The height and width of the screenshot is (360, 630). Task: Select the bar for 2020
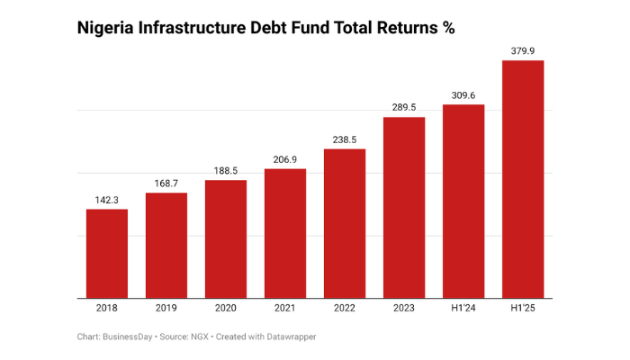pos(226,239)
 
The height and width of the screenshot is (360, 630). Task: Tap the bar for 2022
pos(345,223)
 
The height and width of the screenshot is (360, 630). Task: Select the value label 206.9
pos(285,159)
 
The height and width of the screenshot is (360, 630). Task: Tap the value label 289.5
pos(404,107)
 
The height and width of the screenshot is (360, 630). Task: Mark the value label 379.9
pos(523,51)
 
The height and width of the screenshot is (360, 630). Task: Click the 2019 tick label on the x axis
pos(166,309)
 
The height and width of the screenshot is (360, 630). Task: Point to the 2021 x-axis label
pos(285,309)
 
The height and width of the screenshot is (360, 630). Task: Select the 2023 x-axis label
pos(404,309)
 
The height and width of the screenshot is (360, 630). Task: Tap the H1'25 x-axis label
pos(523,309)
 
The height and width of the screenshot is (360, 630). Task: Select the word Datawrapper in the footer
pos(289,337)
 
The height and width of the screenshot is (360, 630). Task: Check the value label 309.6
pos(463,94)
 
